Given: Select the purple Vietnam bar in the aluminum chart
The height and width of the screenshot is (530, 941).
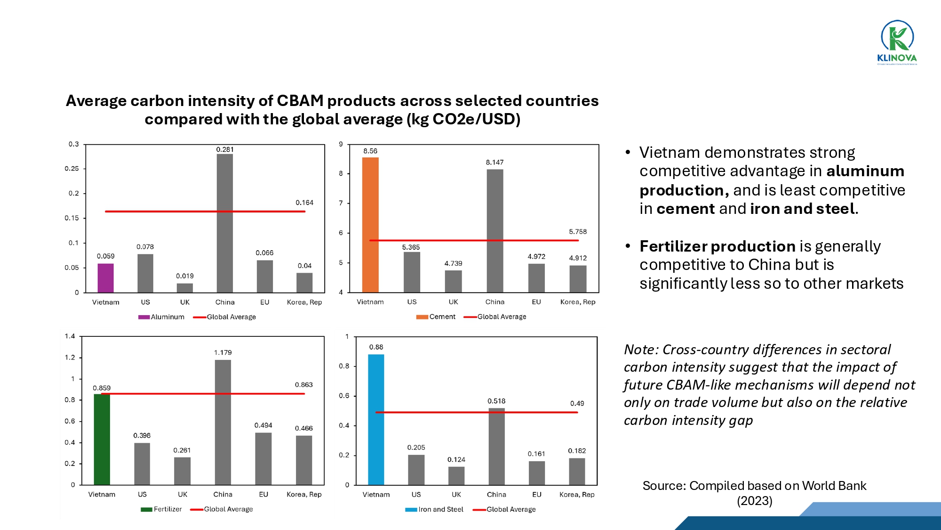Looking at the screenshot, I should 105,278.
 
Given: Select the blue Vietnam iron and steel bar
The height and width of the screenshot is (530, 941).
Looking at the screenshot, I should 376,419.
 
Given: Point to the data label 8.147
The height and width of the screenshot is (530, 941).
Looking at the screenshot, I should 494,163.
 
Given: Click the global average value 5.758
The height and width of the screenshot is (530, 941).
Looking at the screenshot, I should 578,232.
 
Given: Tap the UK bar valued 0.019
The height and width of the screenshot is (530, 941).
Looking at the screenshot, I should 185,287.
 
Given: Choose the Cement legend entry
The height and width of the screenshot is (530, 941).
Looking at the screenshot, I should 436,317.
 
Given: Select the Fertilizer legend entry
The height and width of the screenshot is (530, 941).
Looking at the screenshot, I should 161,509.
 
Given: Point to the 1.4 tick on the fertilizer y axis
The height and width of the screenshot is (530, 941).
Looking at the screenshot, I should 70,336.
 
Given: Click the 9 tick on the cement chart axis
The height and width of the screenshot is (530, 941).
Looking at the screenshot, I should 341,144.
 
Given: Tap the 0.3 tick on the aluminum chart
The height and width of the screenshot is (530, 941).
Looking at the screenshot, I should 73,144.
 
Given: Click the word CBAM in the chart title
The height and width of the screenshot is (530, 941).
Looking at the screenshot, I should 300,101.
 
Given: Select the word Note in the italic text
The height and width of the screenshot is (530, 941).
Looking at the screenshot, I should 640,350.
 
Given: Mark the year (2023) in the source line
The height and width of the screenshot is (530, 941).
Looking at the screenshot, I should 754,501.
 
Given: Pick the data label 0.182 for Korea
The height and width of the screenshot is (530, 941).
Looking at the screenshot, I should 577,451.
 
